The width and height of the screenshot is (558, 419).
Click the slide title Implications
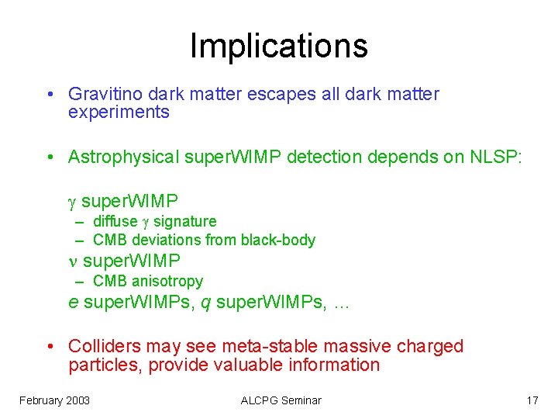(278, 46)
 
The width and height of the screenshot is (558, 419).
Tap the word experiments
(119, 113)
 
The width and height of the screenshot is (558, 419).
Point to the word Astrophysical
(123, 158)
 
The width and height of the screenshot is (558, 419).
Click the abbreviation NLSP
(496, 157)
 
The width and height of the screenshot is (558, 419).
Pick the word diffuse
(115, 222)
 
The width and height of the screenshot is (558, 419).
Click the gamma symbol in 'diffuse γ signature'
(146, 223)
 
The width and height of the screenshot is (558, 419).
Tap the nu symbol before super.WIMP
(74, 261)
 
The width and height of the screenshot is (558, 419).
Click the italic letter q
(206, 303)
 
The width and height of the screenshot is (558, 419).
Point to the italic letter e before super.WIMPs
(73, 303)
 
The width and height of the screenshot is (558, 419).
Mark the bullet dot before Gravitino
(49, 95)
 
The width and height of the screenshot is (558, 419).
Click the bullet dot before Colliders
(49, 347)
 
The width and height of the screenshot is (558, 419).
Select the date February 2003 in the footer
(54, 400)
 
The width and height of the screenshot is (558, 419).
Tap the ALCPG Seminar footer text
(281, 400)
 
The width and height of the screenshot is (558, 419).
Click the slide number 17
(532, 400)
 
